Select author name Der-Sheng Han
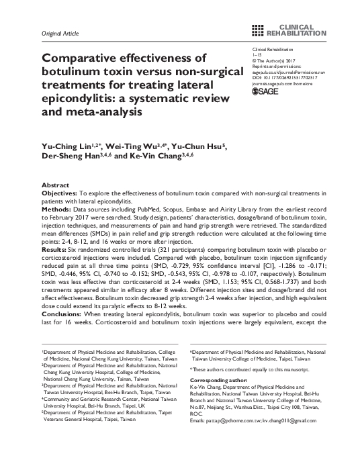coord(66,155)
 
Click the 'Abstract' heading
coord(55,185)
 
